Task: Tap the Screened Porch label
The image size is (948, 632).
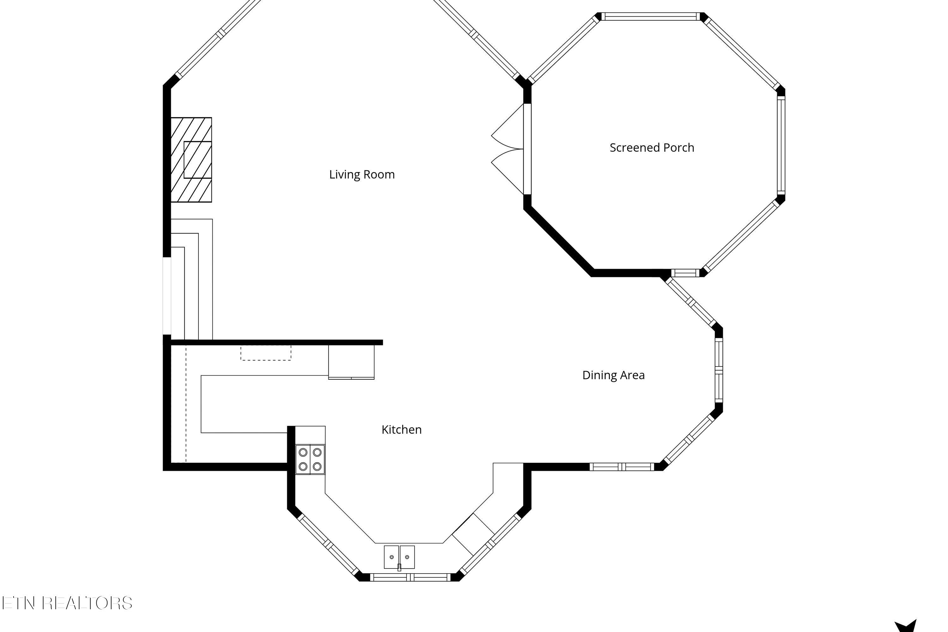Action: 652,148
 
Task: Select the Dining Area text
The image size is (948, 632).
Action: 613,375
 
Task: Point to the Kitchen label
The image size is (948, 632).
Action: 401,430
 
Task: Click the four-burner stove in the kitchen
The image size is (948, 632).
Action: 310,459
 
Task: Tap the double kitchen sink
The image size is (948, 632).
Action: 399,557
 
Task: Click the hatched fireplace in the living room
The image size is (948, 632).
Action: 191,160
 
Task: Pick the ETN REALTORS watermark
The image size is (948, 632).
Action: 67,603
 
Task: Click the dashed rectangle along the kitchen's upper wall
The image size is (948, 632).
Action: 266,353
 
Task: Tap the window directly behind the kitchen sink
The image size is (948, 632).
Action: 410,577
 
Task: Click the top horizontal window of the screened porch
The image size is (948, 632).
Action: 651,16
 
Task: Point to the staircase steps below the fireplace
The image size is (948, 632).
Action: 191,279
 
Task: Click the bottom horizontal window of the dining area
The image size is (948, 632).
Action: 622,467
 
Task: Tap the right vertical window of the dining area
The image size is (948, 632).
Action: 719,370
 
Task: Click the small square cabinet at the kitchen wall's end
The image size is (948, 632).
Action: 351,362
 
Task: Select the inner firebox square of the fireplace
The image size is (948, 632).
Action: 198,160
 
